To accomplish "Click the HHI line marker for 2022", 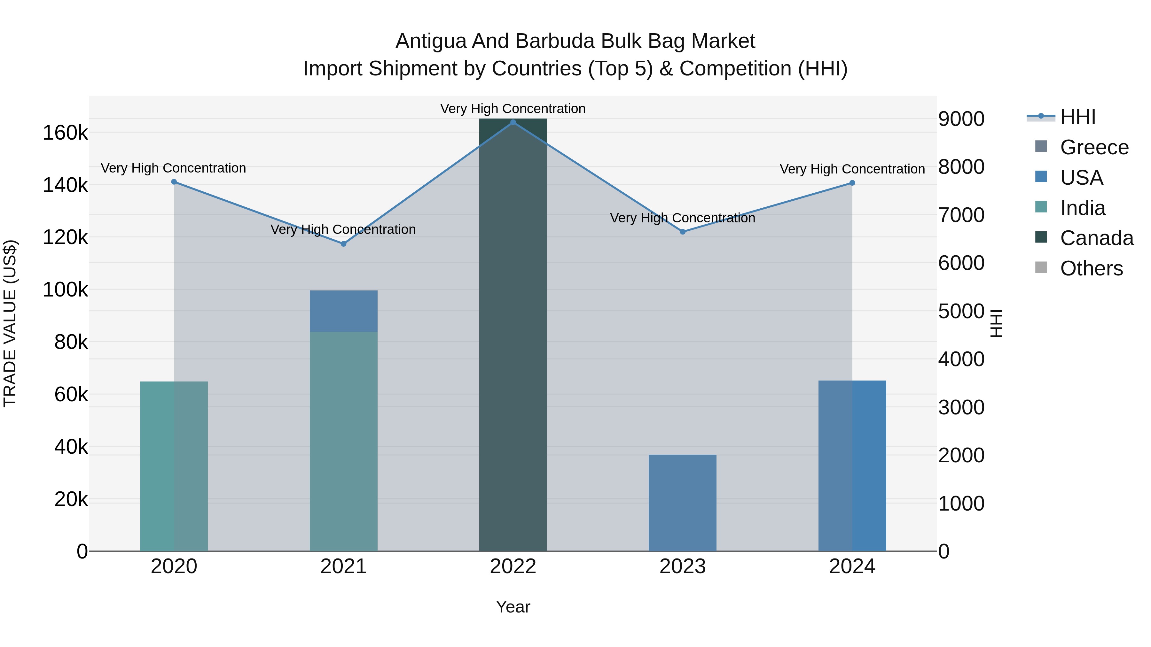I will click(513, 122).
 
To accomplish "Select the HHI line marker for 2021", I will click(344, 244).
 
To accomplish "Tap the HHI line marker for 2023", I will click(683, 232).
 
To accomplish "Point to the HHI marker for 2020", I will click(174, 182).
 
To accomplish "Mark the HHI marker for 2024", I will click(852, 183).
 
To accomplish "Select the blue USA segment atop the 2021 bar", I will click(344, 311).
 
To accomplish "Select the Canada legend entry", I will click(1097, 238).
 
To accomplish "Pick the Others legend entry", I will click(1091, 268).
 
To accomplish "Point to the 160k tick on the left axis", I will click(65, 133).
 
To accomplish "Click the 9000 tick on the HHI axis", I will click(961, 119).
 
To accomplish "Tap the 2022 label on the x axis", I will click(513, 566).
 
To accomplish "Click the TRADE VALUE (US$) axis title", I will click(10, 323).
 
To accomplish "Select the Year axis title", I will click(513, 607).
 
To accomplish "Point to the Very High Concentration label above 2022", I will click(513, 109).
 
